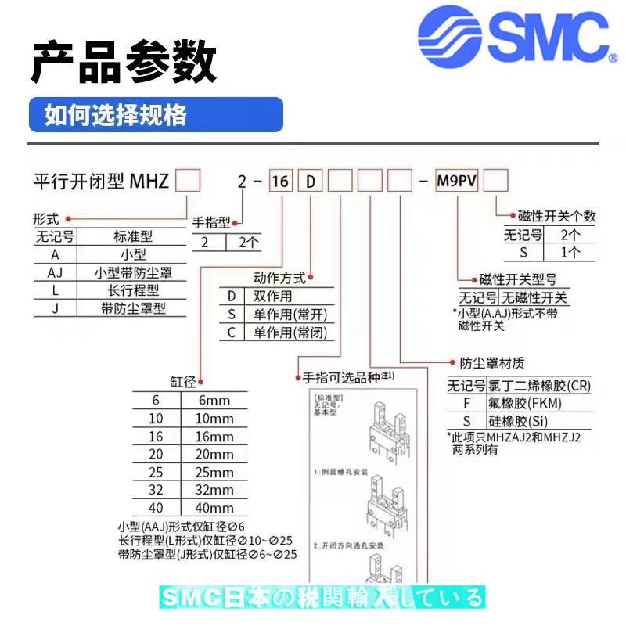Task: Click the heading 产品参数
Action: (124, 63)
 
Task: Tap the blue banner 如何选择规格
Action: (155, 115)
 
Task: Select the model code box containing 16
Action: (280, 183)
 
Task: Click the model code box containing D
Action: (311, 183)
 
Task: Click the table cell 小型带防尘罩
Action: (132, 273)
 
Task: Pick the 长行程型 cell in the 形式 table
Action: (132, 290)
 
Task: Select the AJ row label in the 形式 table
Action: (54, 273)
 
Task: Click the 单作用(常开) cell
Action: (290, 315)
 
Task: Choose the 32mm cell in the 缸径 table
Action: (214, 490)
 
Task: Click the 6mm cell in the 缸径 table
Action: (214, 400)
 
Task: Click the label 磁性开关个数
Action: (556, 216)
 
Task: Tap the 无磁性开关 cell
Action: (534, 297)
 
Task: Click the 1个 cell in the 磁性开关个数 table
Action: (570, 252)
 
